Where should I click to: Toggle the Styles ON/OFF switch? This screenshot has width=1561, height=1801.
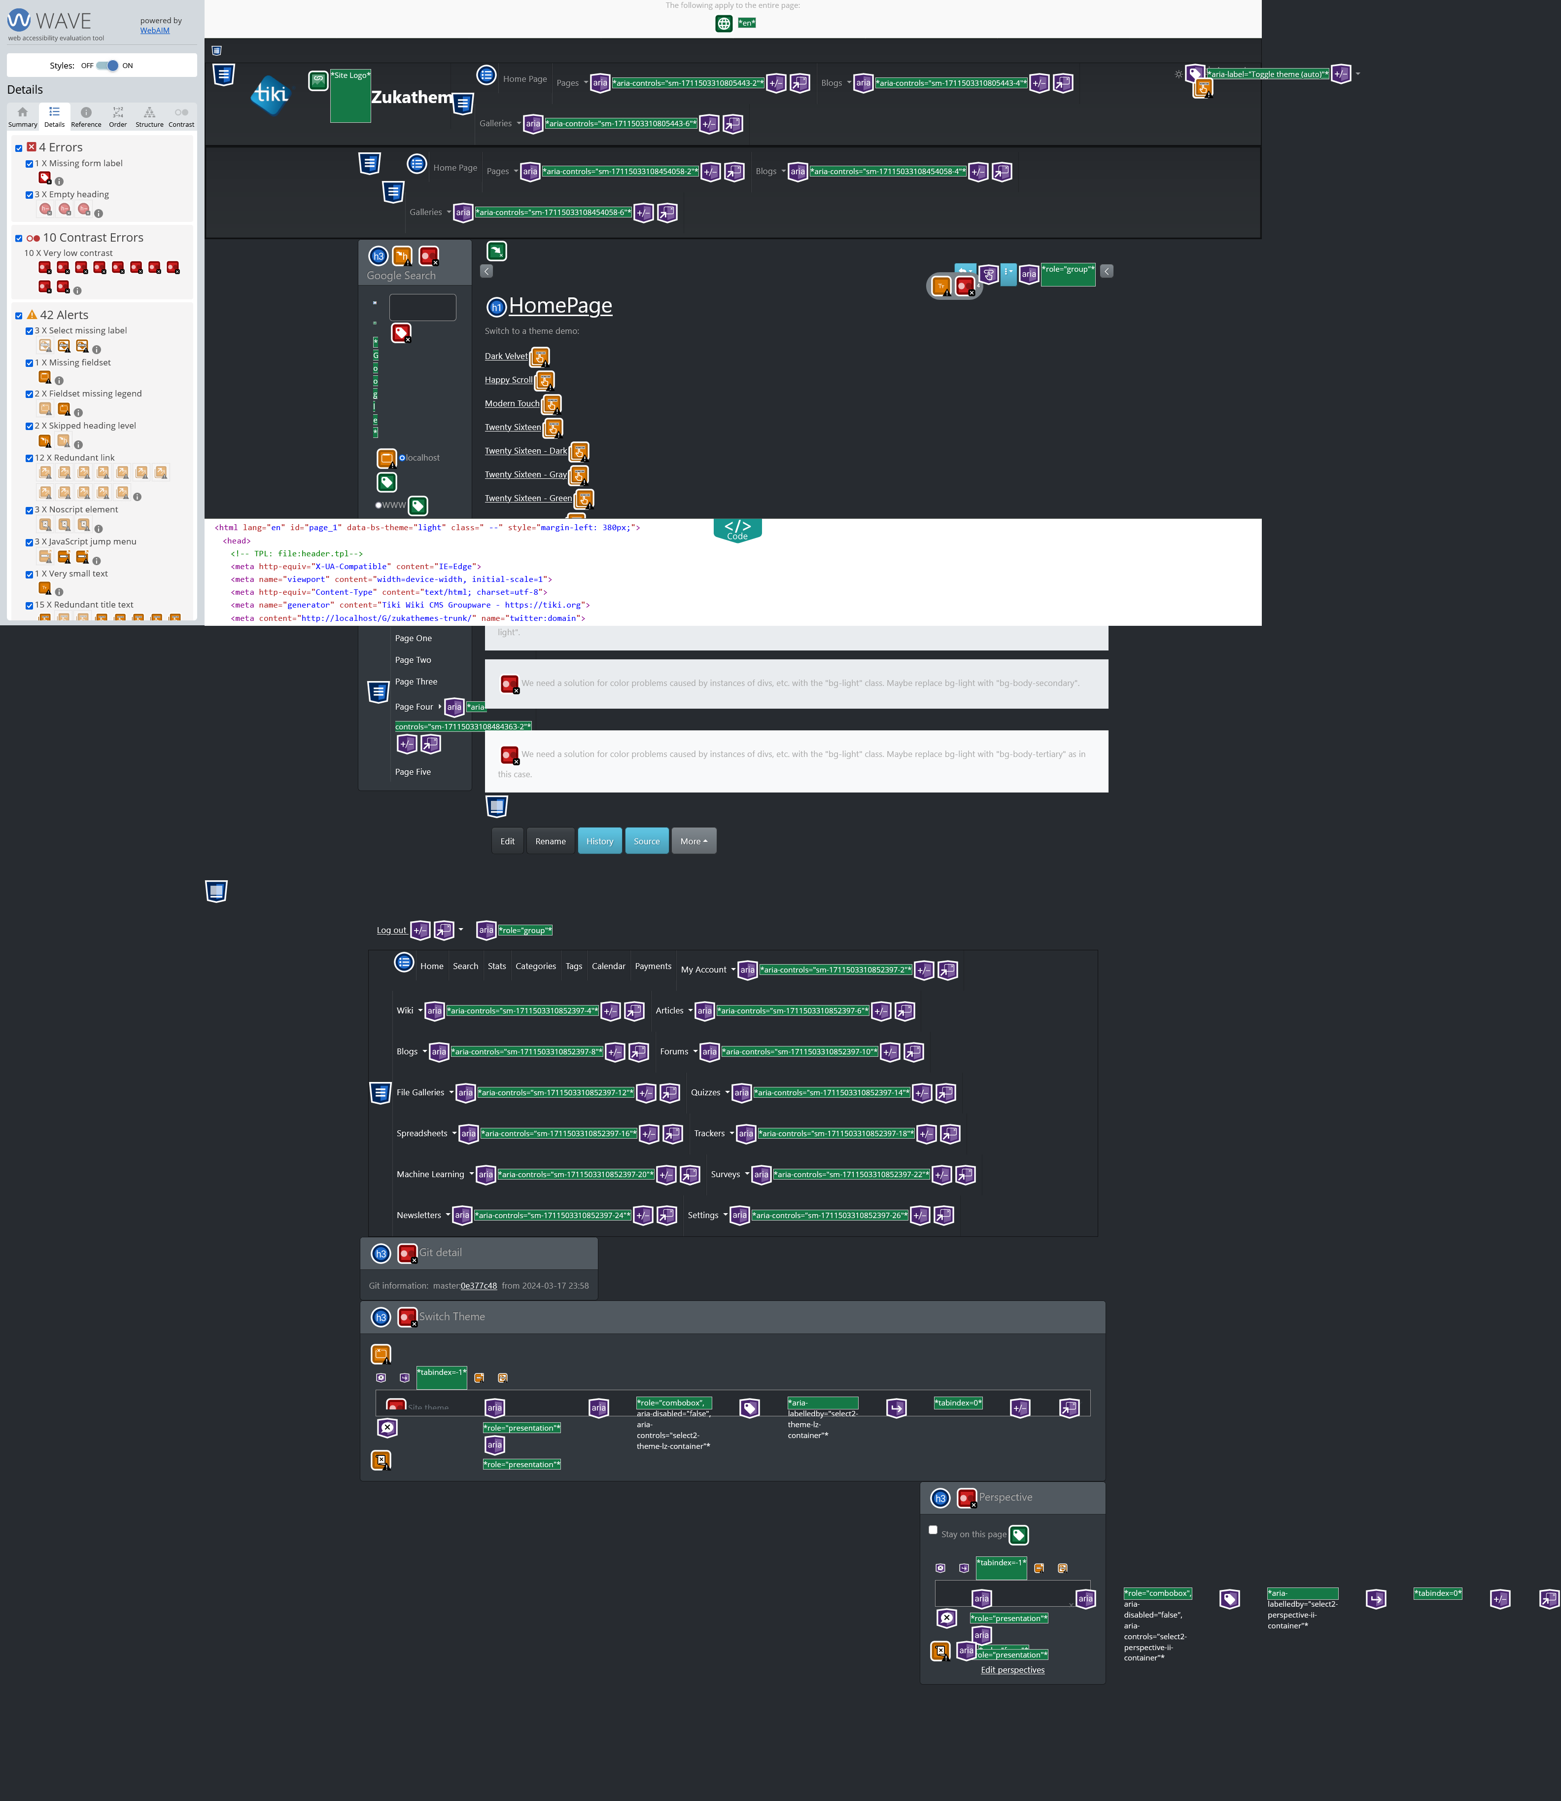[x=107, y=66]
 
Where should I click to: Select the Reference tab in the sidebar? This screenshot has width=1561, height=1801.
[x=85, y=116]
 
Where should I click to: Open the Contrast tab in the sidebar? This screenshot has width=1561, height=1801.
[x=181, y=116]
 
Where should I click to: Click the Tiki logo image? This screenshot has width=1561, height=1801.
[x=270, y=94]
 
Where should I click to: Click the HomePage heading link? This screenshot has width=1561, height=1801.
[x=560, y=306]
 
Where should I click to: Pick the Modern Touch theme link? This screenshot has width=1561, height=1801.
[x=511, y=403]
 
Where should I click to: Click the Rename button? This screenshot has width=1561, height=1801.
[x=550, y=841]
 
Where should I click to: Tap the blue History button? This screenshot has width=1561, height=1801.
[x=599, y=841]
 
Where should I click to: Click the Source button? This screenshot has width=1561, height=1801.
[x=646, y=841]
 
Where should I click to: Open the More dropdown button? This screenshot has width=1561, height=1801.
[x=694, y=841]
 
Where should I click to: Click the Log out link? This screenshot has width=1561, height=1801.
[x=391, y=931]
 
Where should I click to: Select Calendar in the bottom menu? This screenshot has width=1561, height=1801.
[x=608, y=966]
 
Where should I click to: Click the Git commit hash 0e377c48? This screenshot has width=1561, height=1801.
[x=478, y=1286]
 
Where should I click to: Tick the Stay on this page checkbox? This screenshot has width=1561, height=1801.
[x=933, y=1530]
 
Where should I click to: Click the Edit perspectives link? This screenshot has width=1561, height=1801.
[x=1012, y=1670]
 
